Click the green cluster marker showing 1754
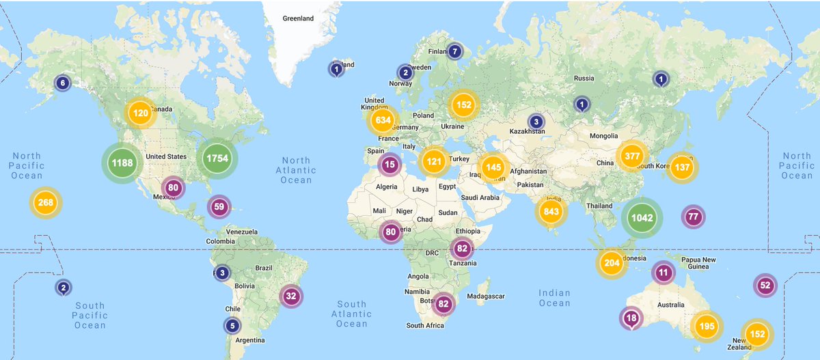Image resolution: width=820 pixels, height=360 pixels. point(217,158)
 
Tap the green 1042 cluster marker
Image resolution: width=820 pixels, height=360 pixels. point(642,218)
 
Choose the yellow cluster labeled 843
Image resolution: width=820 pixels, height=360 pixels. point(551,211)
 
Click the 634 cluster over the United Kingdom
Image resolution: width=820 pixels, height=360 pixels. point(383,121)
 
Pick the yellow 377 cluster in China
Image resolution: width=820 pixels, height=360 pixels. point(632,156)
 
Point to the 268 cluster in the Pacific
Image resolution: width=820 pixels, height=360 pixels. point(46,202)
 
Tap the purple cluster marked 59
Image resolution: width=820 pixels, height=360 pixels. point(219,206)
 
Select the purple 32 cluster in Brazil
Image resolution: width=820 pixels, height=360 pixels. point(291,296)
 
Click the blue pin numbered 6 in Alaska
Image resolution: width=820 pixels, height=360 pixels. point(63,83)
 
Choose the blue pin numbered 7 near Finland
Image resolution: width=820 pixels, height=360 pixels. point(454,51)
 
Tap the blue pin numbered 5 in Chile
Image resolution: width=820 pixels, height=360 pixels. point(232,326)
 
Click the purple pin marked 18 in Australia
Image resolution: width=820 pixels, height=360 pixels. point(631,318)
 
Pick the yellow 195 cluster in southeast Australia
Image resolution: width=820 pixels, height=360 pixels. point(707,327)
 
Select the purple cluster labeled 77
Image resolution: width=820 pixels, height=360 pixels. point(694,217)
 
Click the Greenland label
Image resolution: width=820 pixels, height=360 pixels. point(298,18)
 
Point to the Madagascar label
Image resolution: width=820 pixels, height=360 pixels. point(485,296)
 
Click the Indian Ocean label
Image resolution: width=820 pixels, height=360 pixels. point(554,298)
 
